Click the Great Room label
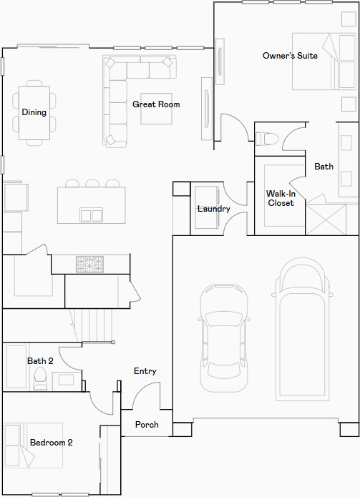coord(156,104)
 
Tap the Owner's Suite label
coord(290,56)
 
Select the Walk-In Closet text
coord(281,198)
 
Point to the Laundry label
coord(214,209)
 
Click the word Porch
coord(147,425)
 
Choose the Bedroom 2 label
coord(52,443)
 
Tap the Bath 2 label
coord(40,361)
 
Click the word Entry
coord(145,371)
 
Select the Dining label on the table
coord(34,112)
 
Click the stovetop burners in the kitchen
coord(89,265)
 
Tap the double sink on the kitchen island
coord(92,215)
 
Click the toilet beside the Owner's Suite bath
coord(267,139)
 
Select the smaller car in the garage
coord(223,338)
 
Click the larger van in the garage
coord(302,330)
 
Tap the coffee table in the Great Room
coord(156,109)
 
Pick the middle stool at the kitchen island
coord(92,184)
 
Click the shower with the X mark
coord(326,220)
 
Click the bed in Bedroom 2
coord(34,446)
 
